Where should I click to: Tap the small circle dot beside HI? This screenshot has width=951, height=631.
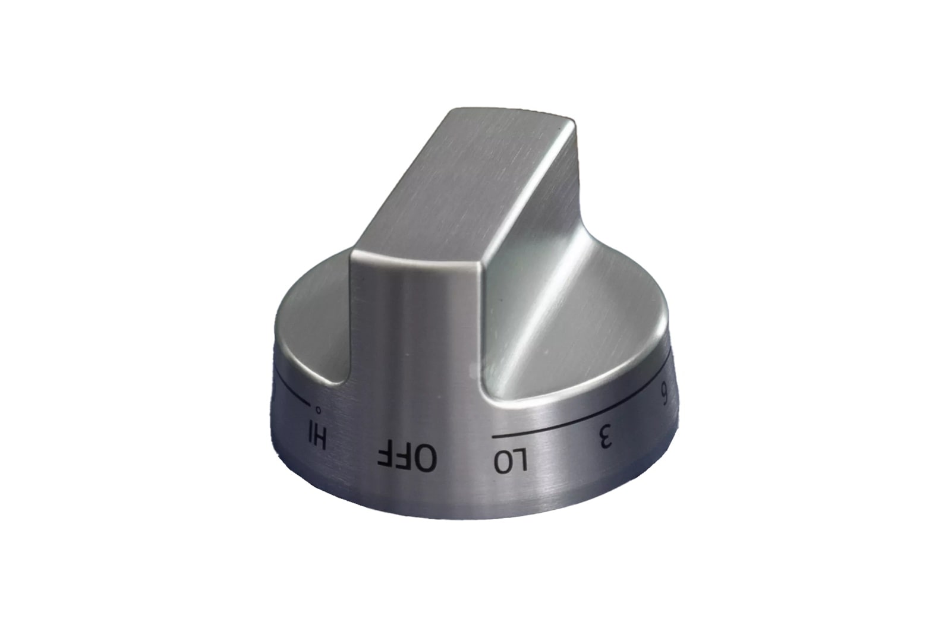(x=318, y=410)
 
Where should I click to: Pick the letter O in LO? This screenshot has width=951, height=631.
(x=502, y=462)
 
